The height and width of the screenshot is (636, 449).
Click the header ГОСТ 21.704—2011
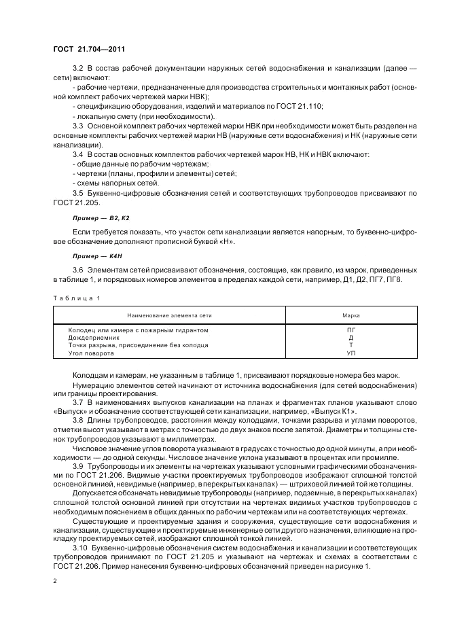point(88,49)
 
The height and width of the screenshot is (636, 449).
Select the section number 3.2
point(77,70)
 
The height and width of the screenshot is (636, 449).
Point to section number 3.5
point(77,193)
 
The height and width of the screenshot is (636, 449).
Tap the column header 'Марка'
point(351,315)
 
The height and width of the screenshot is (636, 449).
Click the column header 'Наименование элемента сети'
point(168,315)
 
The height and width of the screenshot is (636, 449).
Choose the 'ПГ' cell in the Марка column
point(351,330)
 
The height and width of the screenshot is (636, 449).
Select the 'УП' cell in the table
point(351,353)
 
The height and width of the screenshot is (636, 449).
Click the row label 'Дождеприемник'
point(93,338)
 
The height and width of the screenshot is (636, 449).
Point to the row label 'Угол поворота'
point(92,353)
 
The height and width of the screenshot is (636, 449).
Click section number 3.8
point(77,421)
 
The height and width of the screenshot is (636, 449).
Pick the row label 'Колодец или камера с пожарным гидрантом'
point(138,330)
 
